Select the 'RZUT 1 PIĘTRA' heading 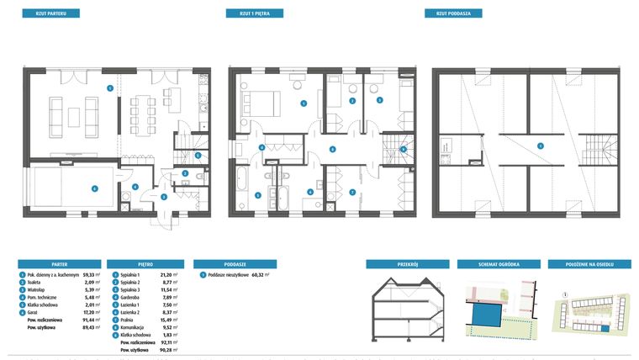(254, 14)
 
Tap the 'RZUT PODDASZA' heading (452, 14)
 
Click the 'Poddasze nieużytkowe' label (226, 275)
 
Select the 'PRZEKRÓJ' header (407, 263)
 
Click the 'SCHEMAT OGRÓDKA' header (498, 263)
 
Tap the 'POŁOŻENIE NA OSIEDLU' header (589, 263)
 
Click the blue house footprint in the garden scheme (485, 315)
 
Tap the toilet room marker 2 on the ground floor (184, 173)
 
